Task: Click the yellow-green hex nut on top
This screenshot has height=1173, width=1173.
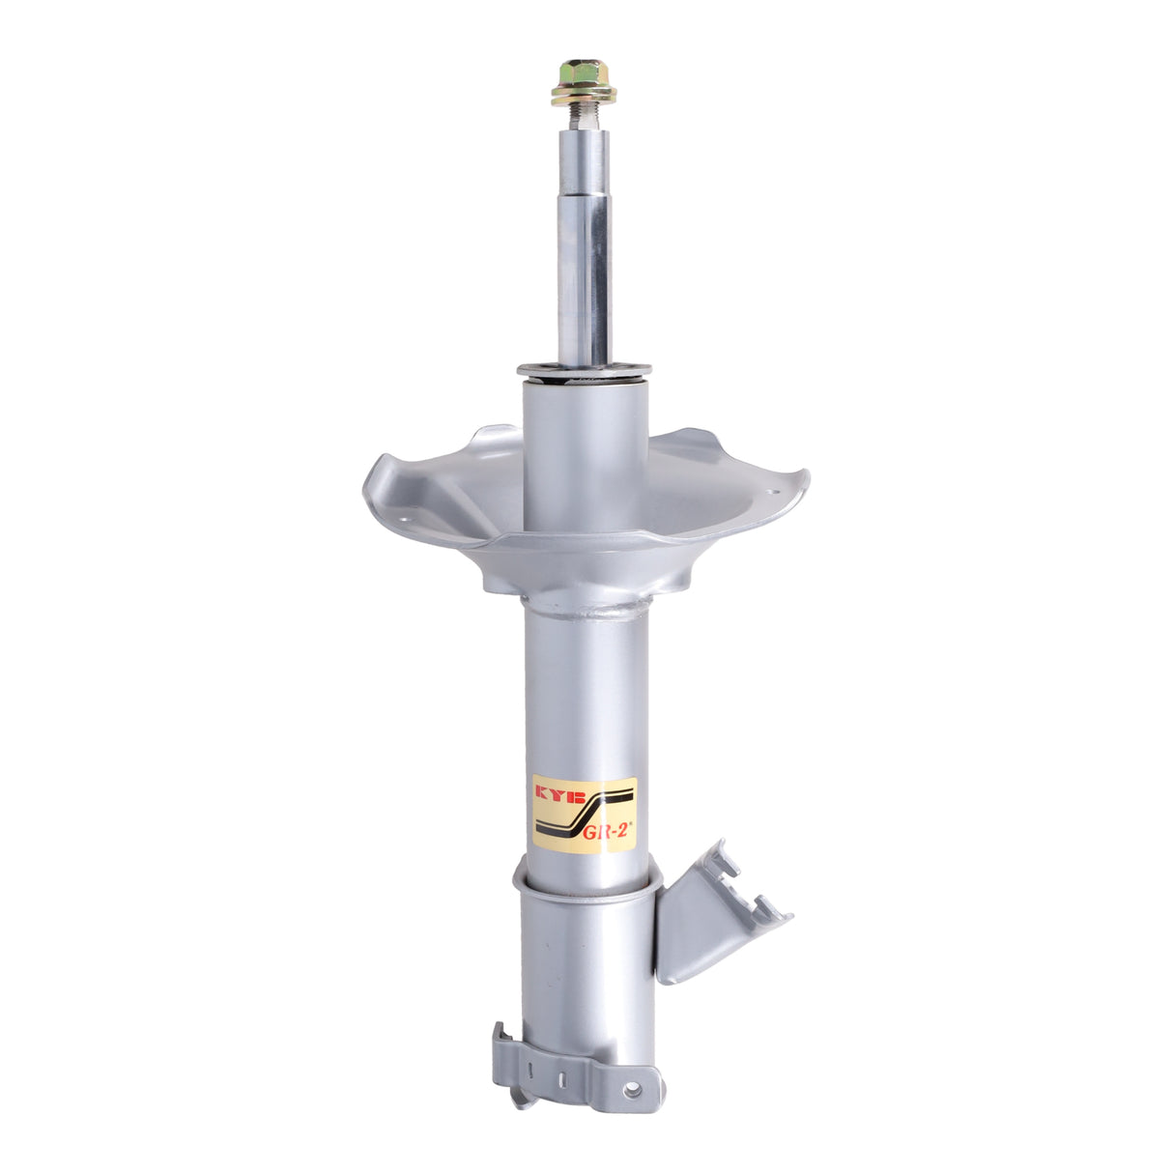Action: (584, 73)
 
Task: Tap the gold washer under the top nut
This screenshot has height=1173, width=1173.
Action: (584, 95)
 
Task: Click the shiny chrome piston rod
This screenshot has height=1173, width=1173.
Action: (584, 243)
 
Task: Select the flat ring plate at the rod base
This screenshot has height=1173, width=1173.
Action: (584, 369)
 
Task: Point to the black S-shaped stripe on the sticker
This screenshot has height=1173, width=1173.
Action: (586, 811)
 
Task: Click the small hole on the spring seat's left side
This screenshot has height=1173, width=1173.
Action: (407, 519)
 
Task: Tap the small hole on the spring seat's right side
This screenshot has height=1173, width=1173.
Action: (774, 495)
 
